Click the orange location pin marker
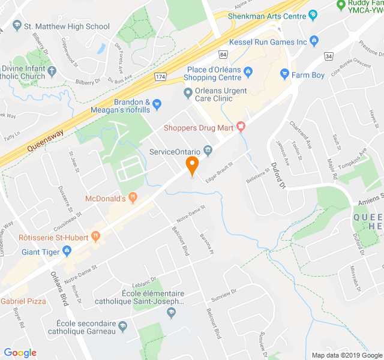tap(192, 165)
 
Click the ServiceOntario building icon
tap(208, 150)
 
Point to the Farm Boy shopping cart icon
tap(285, 75)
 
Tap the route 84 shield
tap(223, 55)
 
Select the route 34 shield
tap(328, 56)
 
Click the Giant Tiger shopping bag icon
tap(70, 252)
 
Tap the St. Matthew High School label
tap(66, 26)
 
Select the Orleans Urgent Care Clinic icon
tap(188, 92)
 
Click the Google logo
tap(20, 352)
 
